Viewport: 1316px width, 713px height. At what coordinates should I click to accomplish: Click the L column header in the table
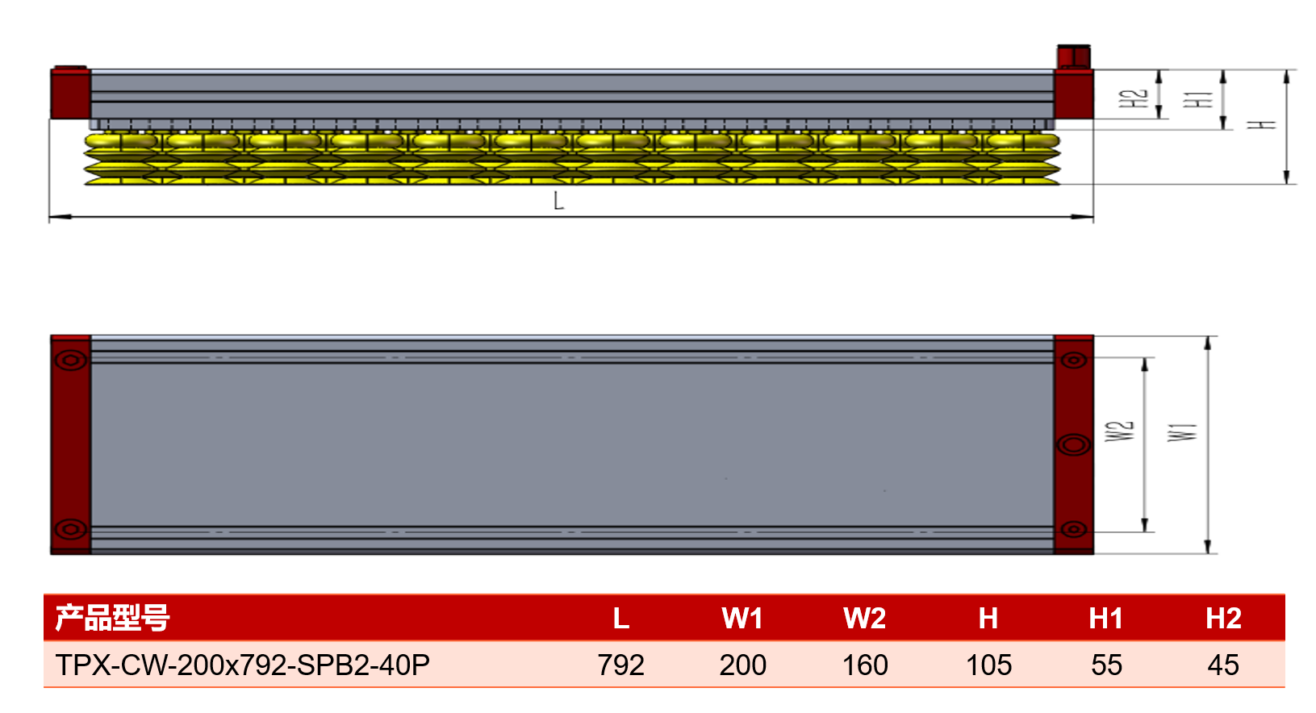[621, 619]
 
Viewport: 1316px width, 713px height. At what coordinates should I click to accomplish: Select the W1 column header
[742, 619]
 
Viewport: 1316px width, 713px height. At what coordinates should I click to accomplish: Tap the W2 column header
[865, 619]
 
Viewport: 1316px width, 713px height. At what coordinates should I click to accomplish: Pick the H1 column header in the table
[1105, 619]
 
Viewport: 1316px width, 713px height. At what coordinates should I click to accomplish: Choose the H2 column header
[1224, 619]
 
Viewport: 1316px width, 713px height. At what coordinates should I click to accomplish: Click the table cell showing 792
[621, 665]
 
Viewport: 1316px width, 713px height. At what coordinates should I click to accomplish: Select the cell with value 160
[866, 665]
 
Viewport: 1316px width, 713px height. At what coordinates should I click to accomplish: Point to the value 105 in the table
[988, 665]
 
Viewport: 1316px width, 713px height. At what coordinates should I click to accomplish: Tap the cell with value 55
[1107, 665]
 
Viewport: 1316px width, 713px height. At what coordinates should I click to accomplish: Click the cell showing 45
[1224, 665]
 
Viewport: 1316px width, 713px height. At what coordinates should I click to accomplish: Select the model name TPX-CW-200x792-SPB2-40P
[243, 665]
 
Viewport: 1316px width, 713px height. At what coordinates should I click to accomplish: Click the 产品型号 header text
[112, 618]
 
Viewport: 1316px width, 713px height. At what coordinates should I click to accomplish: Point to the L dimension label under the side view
[558, 202]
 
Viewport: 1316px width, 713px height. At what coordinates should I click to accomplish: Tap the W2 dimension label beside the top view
[1119, 431]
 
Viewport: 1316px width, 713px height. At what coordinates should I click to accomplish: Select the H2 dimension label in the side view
[1134, 98]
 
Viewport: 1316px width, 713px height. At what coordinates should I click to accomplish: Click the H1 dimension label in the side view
[1198, 99]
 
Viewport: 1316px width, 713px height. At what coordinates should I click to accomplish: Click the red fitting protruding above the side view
[1074, 56]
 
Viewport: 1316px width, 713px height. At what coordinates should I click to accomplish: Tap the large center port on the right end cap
[1074, 444]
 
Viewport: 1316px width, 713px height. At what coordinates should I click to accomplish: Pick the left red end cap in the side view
[70, 93]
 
